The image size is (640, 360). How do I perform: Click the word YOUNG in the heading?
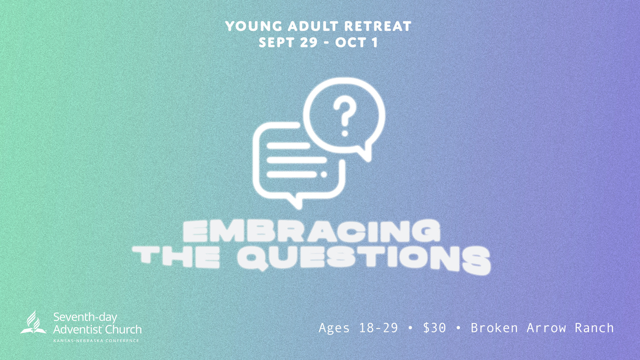(254, 26)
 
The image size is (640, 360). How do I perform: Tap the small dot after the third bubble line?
(324, 174)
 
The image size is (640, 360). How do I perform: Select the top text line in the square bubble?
(288, 146)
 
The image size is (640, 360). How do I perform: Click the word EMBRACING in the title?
(312, 231)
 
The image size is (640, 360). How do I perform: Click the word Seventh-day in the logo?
(85, 317)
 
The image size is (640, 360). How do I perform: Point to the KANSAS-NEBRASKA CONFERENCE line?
(96, 341)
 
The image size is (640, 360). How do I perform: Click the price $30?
(434, 328)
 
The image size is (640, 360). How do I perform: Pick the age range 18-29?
(378, 328)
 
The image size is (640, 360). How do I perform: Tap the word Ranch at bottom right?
(594, 328)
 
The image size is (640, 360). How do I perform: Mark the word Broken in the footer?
(494, 328)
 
